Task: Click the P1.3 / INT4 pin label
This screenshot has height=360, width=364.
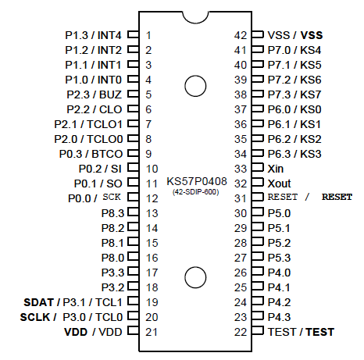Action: [93, 35]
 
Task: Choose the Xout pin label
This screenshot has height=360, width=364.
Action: [278, 184]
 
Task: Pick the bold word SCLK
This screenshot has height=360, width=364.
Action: [35, 317]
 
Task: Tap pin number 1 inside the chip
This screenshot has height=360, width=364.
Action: [148, 35]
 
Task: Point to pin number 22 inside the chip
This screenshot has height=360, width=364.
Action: [241, 332]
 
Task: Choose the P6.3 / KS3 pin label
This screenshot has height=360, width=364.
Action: [294, 154]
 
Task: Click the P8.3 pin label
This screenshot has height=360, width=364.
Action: [112, 213]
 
